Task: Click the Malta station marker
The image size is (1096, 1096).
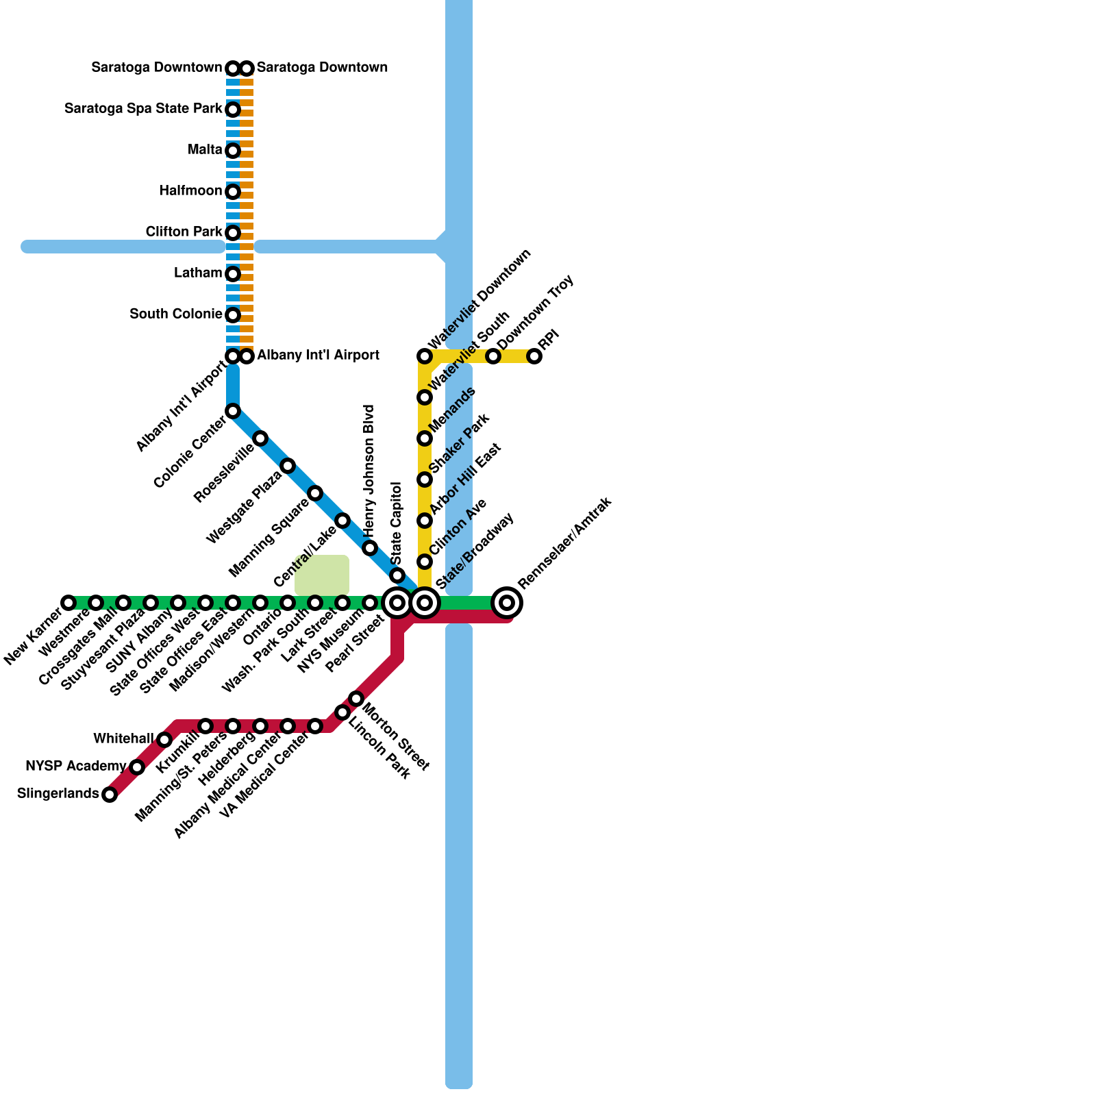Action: click(233, 151)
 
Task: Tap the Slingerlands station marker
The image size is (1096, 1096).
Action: click(110, 795)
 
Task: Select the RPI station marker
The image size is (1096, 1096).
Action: click(534, 356)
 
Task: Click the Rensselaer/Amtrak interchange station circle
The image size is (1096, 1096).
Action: click(507, 603)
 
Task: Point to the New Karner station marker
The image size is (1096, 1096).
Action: click(68, 603)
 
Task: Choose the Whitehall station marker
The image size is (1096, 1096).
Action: click(164, 740)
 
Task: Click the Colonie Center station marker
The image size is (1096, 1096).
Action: click(233, 411)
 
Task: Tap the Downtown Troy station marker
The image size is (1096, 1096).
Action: click(493, 356)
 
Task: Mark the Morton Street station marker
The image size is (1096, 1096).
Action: click(356, 699)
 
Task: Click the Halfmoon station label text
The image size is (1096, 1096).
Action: click(190, 190)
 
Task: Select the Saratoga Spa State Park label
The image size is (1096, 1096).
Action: click(143, 109)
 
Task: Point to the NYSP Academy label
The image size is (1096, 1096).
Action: click(75, 766)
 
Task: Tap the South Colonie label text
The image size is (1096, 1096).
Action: click(175, 314)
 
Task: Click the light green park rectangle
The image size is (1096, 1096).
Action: click(322, 574)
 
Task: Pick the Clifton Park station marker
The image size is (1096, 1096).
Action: click(233, 233)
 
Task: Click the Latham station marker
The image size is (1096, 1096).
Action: click(233, 274)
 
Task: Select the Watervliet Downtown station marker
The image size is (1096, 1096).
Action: click(425, 356)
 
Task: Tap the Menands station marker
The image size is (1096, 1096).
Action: click(425, 438)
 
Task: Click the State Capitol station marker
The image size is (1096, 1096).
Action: click(397, 575)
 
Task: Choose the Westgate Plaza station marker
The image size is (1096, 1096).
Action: click(288, 466)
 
